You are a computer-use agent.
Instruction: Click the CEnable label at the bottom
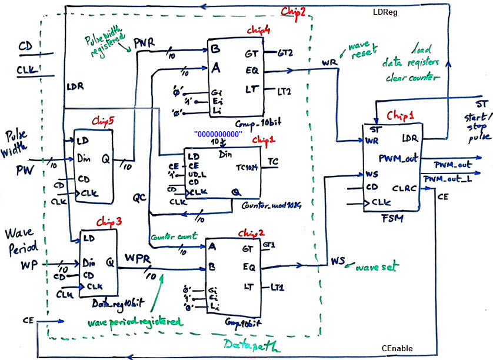pos(397,348)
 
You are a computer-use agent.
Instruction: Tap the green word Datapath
pos(249,344)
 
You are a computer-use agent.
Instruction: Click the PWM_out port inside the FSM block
pos(398,158)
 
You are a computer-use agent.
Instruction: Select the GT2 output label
pos(285,53)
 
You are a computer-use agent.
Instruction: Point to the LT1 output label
pos(278,288)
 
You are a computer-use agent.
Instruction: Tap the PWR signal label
pos(145,43)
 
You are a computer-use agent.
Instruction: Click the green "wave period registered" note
pos(132,323)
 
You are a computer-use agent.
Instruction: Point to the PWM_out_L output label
pos(447,178)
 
